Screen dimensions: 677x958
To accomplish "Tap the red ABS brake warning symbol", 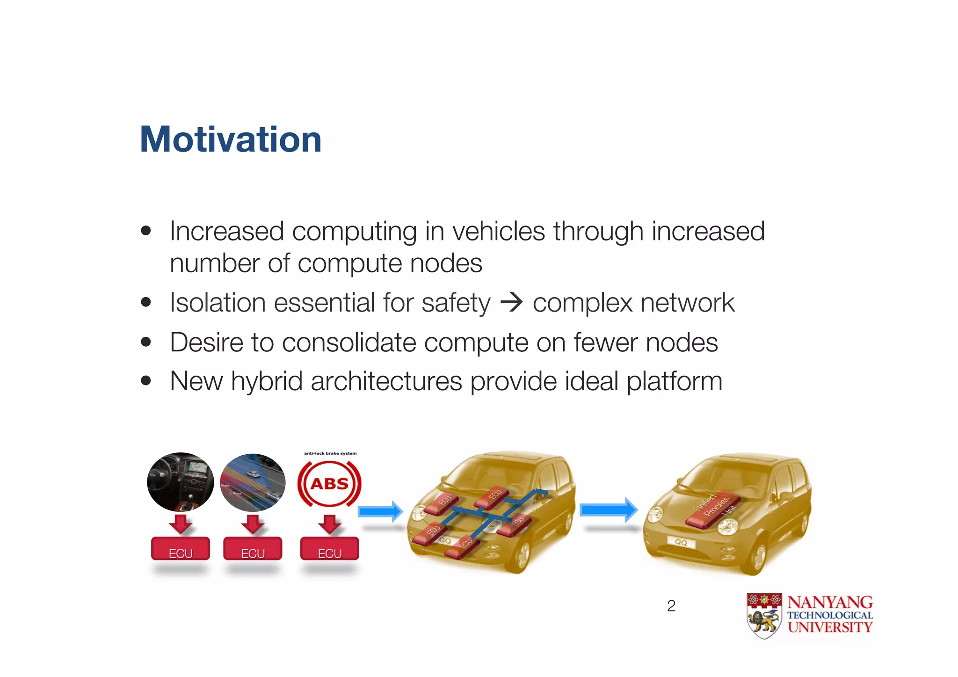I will point(329,484).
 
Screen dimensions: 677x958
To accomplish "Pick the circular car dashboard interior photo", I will point(181,482).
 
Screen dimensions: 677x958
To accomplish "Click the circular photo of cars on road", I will point(253,482).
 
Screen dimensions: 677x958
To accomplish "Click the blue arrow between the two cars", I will point(609,510).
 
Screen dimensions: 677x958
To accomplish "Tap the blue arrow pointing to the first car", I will point(380,511).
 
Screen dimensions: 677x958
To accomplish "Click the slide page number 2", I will point(671,606).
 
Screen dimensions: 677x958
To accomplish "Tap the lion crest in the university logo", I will point(764,616).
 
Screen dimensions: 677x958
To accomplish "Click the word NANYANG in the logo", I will point(830,602).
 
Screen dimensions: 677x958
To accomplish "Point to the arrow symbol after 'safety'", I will point(511,302).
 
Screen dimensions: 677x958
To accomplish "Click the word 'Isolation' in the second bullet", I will point(217,303).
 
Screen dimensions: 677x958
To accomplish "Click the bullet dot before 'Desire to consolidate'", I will point(146,342).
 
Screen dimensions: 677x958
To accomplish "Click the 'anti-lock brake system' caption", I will point(330,453).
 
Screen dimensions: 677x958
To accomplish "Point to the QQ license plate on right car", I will point(681,543).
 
